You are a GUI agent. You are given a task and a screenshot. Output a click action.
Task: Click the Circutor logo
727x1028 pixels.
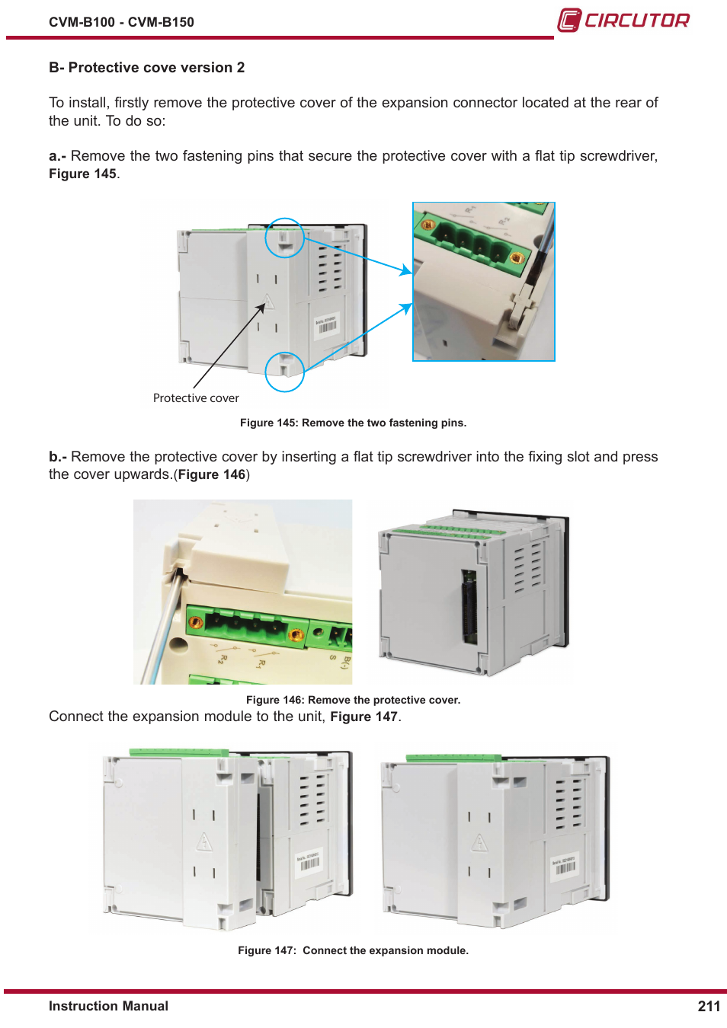pyautogui.click(x=623, y=21)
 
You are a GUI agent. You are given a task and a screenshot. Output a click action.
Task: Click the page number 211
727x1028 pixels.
pyautogui.click(x=709, y=1005)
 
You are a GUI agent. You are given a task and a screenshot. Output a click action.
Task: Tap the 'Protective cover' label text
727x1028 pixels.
pyautogui.click(x=196, y=398)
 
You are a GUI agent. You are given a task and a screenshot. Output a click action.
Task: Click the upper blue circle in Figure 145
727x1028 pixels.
pyautogui.click(x=285, y=238)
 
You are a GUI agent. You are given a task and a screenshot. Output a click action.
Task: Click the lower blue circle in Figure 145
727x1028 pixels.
pyautogui.click(x=285, y=372)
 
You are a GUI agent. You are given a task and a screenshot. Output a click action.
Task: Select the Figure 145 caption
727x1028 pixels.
pyautogui.click(x=353, y=423)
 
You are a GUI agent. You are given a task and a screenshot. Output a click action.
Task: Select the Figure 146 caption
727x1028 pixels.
pyautogui.click(x=353, y=699)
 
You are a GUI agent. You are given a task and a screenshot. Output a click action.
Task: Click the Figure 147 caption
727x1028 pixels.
pyautogui.click(x=353, y=950)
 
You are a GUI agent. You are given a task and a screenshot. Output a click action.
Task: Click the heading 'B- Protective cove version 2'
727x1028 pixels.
pyautogui.click(x=146, y=68)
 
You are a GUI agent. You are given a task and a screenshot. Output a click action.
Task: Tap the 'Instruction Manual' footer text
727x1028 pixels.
pyautogui.click(x=108, y=1005)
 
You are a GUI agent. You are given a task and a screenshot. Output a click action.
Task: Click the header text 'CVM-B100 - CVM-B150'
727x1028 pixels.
pyautogui.click(x=121, y=21)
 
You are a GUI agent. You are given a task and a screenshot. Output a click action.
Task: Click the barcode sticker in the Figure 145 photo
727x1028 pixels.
pyautogui.click(x=327, y=327)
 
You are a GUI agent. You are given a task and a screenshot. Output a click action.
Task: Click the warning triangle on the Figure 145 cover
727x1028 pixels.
pyautogui.click(x=267, y=302)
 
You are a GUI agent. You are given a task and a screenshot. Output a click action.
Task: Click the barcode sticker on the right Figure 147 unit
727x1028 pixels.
pyautogui.click(x=565, y=864)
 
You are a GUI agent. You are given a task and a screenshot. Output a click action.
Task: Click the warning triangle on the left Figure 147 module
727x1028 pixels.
pyautogui.click(x=204, y=841)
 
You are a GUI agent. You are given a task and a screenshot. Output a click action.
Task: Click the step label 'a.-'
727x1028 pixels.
pyautogui.click(x=57, y=156)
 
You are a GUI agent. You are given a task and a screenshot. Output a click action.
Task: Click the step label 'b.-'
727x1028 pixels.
pyautogui.click(x=58, y=457)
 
